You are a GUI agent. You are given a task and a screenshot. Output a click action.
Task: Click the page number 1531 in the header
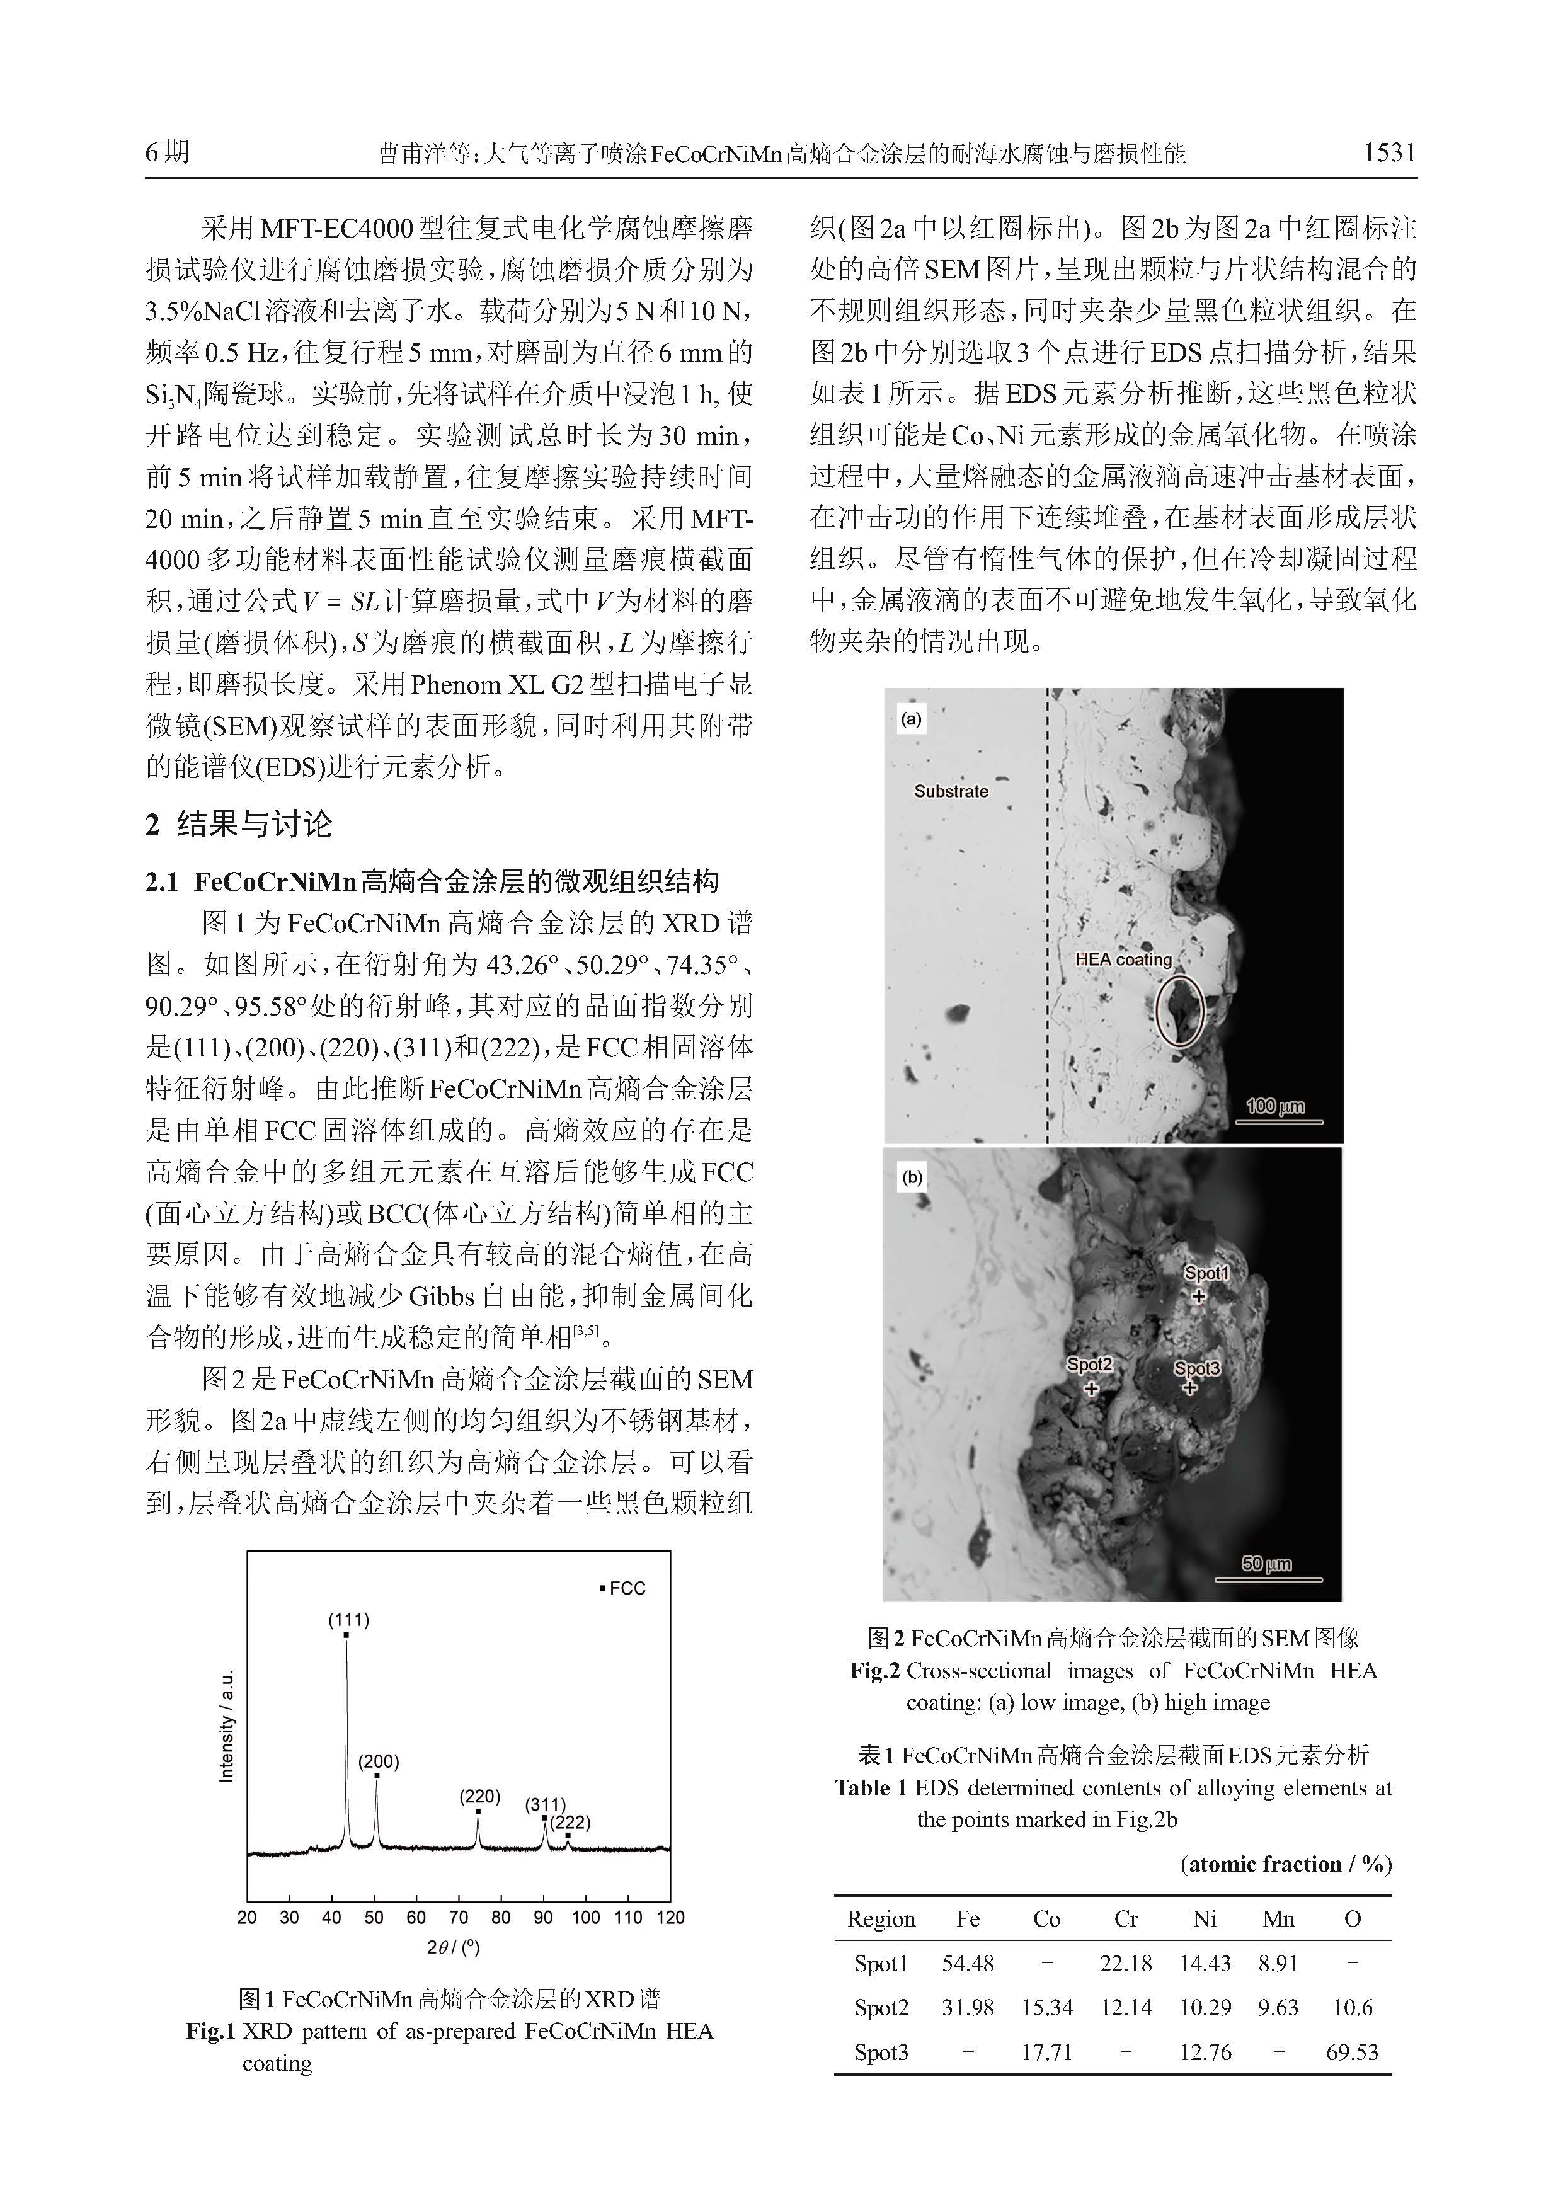1388,152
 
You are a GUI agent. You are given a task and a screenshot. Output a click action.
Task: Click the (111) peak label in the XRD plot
348,1619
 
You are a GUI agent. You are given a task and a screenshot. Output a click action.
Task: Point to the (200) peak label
378,1761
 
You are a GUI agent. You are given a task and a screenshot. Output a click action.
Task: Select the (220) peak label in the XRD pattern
479,1796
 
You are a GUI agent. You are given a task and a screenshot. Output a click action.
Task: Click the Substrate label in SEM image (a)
951,791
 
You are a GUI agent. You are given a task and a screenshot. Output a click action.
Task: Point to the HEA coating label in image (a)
1123,959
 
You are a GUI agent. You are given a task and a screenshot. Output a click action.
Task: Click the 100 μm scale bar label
1276,1106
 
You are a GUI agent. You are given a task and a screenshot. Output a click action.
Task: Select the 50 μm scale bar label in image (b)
1266,1564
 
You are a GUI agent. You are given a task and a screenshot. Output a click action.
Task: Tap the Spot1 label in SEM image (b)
1207,1273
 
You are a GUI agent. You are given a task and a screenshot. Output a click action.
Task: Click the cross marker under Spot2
1091,1389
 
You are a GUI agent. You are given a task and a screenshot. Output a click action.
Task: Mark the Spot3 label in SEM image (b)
1196,1368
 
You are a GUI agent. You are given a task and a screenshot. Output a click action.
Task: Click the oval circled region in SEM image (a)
1180,1011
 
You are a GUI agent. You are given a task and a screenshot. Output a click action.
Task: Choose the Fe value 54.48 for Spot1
968,1962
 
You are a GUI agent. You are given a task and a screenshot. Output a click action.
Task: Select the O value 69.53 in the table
1351,2051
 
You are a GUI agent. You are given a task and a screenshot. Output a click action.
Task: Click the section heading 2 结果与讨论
239,824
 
